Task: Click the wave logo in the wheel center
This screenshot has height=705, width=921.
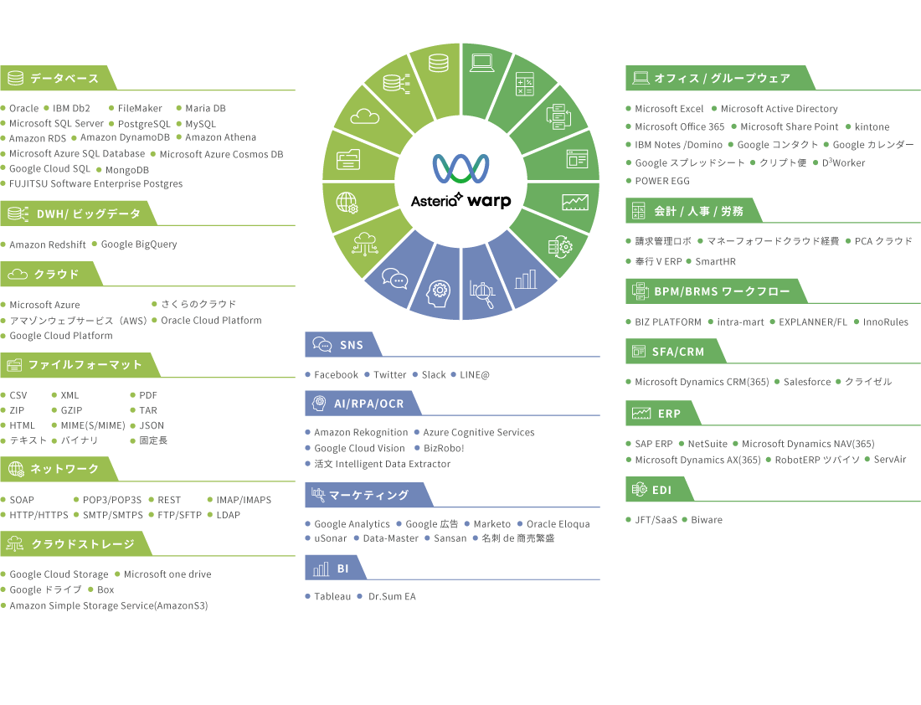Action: coord(460,167)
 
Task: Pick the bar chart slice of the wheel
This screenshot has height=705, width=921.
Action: coord(526,279)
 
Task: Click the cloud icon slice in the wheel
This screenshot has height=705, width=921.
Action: coord(366,116)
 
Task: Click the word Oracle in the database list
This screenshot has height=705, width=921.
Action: coord(23,108)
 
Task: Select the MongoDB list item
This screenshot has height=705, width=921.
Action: coord(127,170)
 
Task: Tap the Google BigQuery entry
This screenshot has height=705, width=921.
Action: coord(139,244)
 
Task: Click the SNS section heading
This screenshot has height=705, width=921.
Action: coord(351,345)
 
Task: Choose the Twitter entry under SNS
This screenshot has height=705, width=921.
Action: coord(389,375)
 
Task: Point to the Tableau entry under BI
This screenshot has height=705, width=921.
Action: coord(332,597)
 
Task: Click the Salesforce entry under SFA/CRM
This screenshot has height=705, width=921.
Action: coord(807,382)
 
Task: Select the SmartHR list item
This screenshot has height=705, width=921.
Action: coord(715,262)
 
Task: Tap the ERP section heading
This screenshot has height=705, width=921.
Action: coord(668,414)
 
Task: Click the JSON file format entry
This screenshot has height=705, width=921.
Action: coord(152,425)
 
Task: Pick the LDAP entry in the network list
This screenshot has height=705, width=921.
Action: coord(228,515)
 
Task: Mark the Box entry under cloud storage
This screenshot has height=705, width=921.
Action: coord(105,590)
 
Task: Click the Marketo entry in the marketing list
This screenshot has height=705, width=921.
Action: coord(491,524)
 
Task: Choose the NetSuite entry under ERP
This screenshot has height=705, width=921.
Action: coord(707,445)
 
